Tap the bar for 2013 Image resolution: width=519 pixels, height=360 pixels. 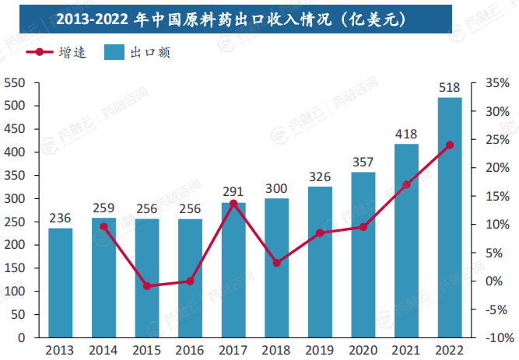tap(61, 283)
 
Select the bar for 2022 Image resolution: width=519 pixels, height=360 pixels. tap(450, 218)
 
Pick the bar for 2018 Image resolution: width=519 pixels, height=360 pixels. tap(276, 268)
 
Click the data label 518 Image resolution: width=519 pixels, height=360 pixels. tap(450, 87)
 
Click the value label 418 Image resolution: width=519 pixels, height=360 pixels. tap(406, 134)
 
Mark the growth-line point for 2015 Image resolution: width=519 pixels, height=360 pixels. tap(147, 286)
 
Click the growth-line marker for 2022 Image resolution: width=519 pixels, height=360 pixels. tap(450, 145)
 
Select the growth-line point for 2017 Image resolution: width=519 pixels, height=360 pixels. tap(233, 204)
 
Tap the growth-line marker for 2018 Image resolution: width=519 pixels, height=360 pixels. tap(276, 263)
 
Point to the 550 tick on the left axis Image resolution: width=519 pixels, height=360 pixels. tap(15, 82)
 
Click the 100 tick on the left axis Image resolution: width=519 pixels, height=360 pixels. tap(15, 292)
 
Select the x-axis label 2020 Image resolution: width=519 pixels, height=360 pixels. tap(363, 350)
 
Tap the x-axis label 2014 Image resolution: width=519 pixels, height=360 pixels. tap(103, 350)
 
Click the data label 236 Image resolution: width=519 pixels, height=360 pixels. tap(61, 218)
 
